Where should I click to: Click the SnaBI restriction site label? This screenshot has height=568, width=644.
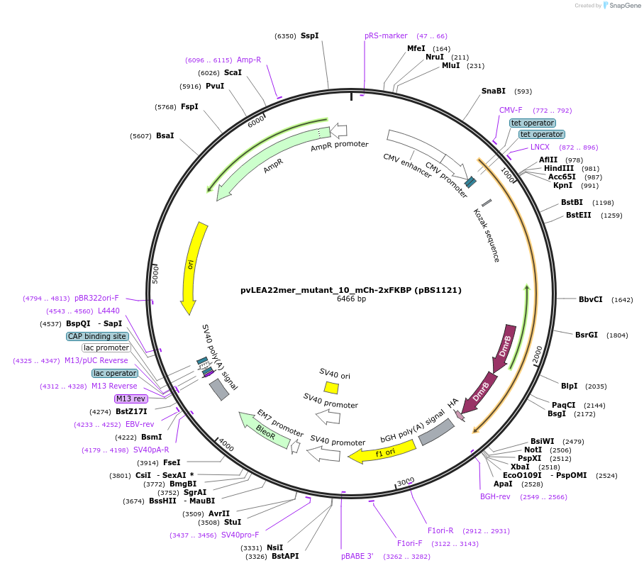(x=493, y=91)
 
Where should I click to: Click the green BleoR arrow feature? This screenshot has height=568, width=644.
(x=265, y=430)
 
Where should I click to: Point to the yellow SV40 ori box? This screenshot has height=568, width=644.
(x=331, y=387)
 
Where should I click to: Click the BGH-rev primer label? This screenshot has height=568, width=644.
(x=495, y=496)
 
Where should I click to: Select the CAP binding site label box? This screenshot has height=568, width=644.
(x=98, y=336)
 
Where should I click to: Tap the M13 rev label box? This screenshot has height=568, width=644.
(x=131, y=399)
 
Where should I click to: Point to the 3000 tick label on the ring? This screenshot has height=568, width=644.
(x=405, y=483)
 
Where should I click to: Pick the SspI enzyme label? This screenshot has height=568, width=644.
(x=309, y=35)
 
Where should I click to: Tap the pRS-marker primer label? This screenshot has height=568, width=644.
(x=386, y=35)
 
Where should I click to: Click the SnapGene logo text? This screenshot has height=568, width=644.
(x=623, y=6)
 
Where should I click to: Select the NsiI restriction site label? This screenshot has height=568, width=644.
(x=274, y=547)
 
